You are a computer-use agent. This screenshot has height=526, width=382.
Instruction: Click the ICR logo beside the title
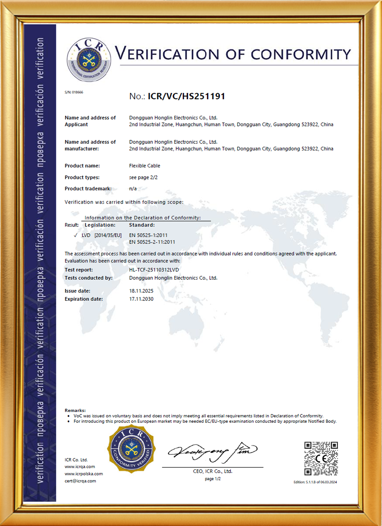[88, 60]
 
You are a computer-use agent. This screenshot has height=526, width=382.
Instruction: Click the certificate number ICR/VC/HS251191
[186, 96]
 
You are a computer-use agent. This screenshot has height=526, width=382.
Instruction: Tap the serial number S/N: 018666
[74, 92]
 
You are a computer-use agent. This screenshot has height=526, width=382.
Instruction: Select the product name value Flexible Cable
[145, 166]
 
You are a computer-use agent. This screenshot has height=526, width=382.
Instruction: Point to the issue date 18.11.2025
[141, 291]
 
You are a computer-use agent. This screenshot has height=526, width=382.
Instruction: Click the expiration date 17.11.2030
[141, 299]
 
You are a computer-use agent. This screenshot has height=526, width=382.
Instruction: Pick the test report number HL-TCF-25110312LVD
[154, 270]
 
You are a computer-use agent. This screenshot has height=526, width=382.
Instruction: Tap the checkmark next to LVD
[76, 235]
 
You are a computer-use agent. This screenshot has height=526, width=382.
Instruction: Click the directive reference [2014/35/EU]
[108, 235]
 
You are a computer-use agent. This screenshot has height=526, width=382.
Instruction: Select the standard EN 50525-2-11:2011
[152, 242]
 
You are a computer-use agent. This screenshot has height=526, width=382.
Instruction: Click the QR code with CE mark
[321, 458]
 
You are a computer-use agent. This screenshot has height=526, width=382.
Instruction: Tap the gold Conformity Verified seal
[131, 449]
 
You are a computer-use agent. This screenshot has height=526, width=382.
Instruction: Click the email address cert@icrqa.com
[80, 481]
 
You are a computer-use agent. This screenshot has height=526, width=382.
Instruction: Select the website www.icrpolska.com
[84, 474]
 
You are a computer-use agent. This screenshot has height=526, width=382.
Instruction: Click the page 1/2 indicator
[213, 479]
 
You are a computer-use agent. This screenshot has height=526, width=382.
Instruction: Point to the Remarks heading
[75, 410]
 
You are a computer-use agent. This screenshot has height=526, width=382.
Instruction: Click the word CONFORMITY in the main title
[301, 55]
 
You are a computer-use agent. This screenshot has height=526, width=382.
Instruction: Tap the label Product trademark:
[88, 188]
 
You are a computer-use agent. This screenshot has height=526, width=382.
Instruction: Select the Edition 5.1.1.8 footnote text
[315, 482]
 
